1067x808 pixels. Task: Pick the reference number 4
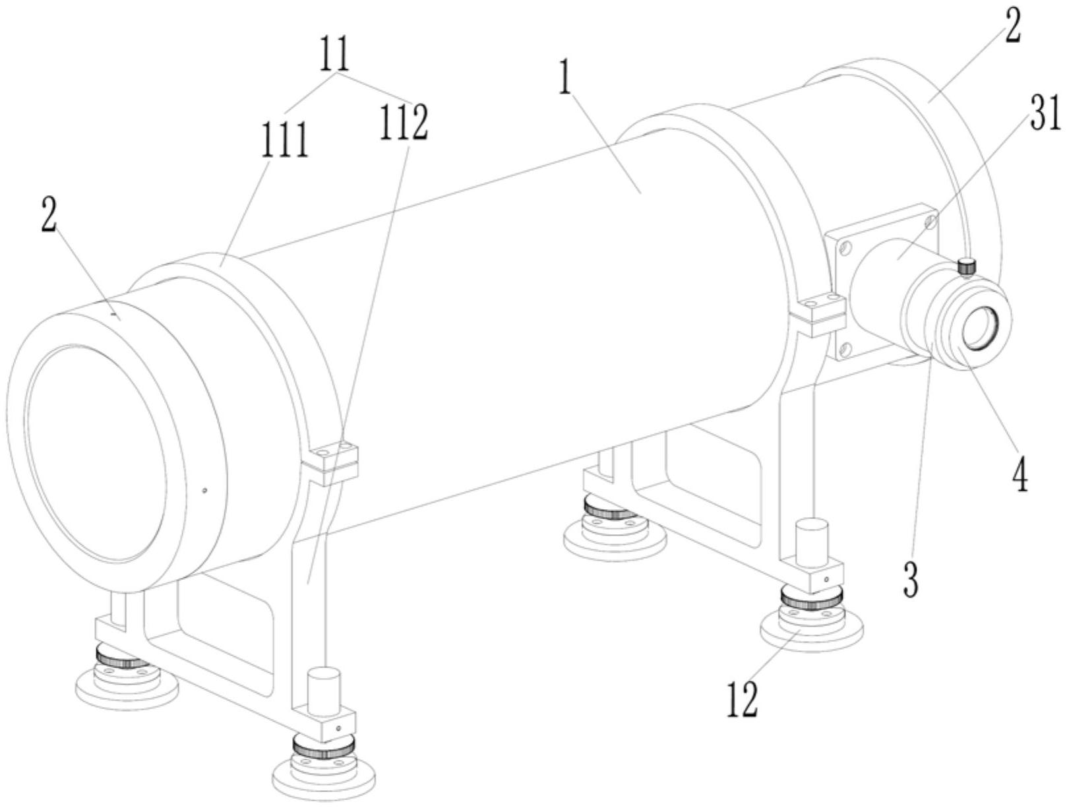click(x=1020, y=474)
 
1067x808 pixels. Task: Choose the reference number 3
click(x=910, y=578)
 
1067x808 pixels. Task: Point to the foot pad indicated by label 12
click(x=811, y=623)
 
